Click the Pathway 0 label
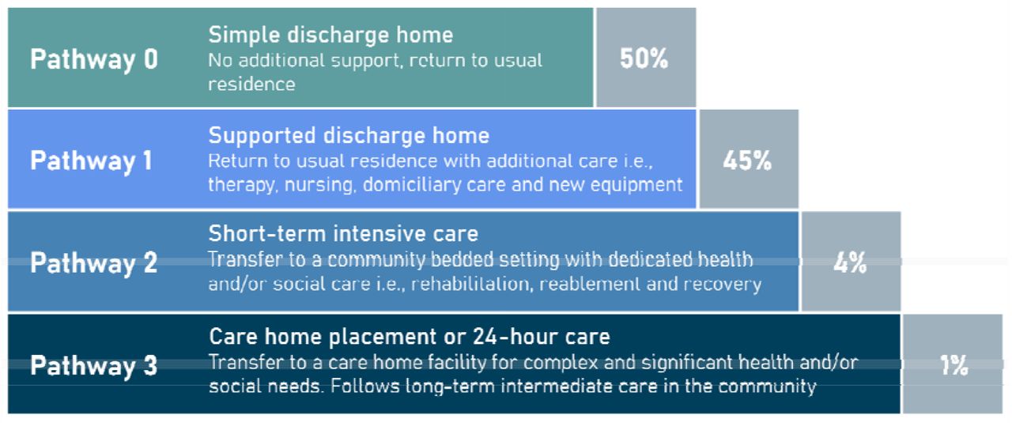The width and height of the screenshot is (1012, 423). click(x=94, y=59)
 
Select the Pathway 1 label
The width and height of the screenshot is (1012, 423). click(x=91, y=161)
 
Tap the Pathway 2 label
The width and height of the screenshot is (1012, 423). click(x=94, y=263)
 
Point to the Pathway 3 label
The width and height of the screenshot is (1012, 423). click(x=94, y=365)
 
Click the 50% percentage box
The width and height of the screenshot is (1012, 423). click(x=646, y=58)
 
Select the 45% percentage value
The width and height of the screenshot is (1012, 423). click(x=747, y=161)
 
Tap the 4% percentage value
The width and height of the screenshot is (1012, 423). click(x=850, y=262)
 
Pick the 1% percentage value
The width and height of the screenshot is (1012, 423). click(x=953, y=365)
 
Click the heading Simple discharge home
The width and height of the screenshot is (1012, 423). click(x=330, y=35)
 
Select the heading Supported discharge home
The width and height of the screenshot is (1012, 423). click(x=349, y=135)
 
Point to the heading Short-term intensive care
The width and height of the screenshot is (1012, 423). click(x=343, y=234)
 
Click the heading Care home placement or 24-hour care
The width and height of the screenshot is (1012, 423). click(x=410, y=337)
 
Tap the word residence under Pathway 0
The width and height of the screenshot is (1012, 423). click(x=251, y=85)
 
